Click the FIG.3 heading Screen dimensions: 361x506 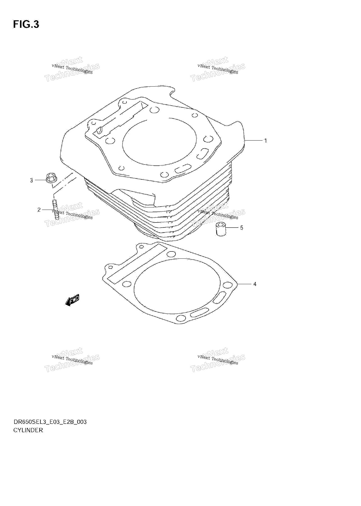tap(26, 25)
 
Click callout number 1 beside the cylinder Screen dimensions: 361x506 tap(265, 141)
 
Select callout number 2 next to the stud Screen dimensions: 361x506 tap(39, 210)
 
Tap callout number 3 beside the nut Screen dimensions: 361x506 tap(31, 180)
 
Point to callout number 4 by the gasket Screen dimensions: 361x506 tap(255, 284)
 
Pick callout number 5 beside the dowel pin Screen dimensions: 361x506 tap(242, 228)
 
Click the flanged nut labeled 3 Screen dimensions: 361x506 tap(51, 178)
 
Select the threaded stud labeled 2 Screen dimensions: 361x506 tap(55, 209)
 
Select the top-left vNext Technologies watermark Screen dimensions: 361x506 tap(72, 69)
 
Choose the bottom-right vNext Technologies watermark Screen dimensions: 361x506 tap(218, 360)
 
